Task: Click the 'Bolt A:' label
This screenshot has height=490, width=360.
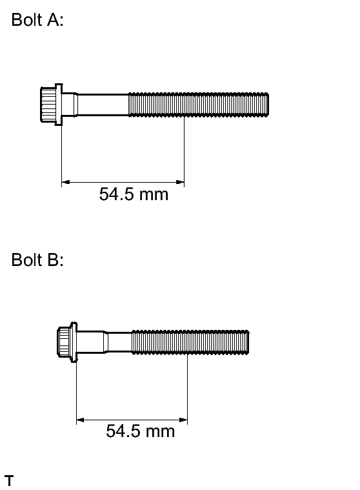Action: coord(37,19)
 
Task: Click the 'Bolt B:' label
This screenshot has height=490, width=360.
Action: coord(37,260)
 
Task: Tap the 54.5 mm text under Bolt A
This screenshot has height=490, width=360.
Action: coord(134,194)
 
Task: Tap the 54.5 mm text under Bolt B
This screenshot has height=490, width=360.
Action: coord(140,431)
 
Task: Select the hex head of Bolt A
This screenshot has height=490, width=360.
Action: coord(48,105)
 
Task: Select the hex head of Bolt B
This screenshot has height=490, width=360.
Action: coord(64,342)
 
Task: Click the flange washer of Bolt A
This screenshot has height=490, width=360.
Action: coord(59,105)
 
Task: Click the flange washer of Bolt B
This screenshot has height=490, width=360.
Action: coord(74,342)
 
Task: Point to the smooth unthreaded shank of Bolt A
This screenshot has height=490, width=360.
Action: coord(101,105)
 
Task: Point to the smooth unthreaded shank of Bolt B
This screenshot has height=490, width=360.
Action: coord(118,343)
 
